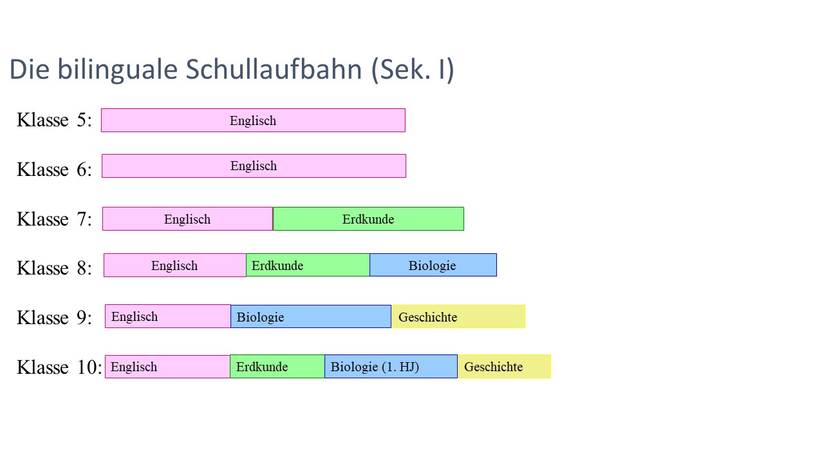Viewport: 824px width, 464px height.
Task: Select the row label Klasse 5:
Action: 55,120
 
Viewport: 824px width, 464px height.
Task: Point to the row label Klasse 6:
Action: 55,169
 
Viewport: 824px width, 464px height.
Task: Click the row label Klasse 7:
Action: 55,219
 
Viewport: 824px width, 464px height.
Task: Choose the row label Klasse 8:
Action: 55,267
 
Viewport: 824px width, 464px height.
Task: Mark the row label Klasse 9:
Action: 55,317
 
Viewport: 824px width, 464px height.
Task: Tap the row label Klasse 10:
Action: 59,367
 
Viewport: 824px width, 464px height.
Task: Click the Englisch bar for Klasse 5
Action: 253,121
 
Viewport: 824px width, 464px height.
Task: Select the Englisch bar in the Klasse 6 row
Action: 254,166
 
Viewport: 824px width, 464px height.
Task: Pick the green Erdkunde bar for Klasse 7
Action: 368,219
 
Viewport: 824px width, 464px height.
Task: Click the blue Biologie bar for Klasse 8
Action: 433,265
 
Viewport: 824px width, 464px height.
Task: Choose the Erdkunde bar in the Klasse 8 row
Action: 308,265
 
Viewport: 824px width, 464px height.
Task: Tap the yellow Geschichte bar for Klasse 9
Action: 458,316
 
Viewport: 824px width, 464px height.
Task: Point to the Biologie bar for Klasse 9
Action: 311,316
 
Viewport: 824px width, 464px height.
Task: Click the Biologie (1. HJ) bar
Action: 391,367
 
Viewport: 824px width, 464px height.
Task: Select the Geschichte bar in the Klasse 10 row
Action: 504,367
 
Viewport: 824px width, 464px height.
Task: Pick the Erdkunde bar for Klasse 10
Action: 277,367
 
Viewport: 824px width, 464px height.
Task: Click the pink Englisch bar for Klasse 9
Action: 168,316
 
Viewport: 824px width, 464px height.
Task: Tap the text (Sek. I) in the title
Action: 413,70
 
